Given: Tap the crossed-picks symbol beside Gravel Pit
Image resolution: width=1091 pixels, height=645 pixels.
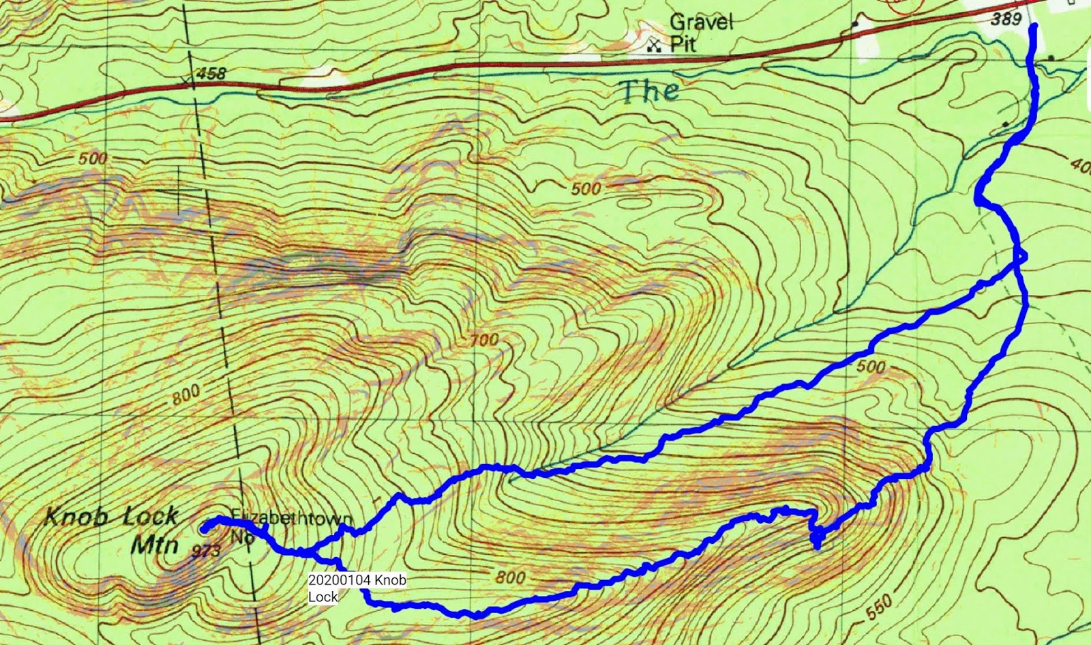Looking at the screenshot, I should pos(655,46).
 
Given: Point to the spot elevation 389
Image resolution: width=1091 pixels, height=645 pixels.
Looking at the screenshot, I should pos(1006,18).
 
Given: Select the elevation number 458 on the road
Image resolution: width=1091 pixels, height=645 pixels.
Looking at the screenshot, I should pos(210,73).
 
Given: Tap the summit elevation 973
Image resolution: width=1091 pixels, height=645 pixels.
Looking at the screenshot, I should pos(207,549).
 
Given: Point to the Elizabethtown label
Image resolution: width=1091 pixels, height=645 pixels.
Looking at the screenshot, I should pos(292,517).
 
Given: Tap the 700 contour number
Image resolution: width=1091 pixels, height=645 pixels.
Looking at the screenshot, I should pos(483,339).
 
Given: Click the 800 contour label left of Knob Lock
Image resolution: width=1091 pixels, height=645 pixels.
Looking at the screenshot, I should pos(185,394).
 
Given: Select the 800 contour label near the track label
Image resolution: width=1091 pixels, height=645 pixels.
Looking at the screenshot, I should pos(510,577).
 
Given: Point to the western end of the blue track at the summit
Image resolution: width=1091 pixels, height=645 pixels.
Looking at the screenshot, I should pos(204,527).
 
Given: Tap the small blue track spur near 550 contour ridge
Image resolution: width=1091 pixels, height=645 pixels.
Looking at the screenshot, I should pos(816,540).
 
